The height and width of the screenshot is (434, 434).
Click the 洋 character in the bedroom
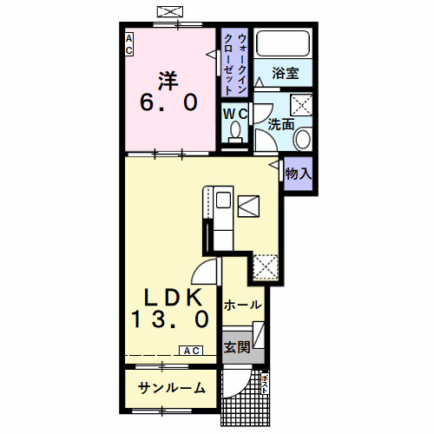click(168, 80)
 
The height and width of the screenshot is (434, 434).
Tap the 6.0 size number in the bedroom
click(168, 103)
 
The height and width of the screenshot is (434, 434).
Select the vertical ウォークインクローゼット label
click(234, 64)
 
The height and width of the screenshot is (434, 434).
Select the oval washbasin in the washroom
click(303, 138)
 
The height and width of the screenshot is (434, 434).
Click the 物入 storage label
click(299, 174)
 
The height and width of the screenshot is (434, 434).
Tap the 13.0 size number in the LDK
click(171, 319)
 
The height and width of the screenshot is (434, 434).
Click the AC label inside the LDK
click(191, 351)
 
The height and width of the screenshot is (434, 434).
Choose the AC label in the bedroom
click(128, 44)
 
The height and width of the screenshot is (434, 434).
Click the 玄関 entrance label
click(237, 348)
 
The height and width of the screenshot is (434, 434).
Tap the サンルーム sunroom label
click(171, 388)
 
